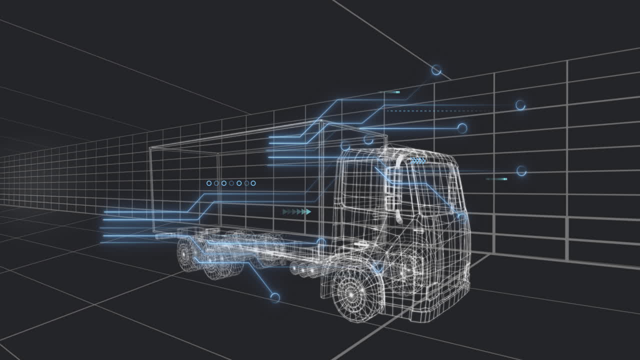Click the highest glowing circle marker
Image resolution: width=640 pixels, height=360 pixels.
tap(436, 70)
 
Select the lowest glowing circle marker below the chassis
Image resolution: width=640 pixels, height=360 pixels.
tap(274, 298)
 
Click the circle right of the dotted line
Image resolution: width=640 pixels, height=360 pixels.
tap(520, 105)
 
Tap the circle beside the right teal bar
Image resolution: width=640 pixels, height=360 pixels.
tap(521, 171)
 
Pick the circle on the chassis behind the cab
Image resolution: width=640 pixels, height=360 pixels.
tap(321, 242)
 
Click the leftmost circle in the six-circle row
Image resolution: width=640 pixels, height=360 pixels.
tap(209, 183)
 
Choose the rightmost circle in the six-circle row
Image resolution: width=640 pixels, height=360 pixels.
tap(253, 183)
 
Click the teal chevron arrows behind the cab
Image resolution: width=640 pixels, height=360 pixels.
tap(297, 212)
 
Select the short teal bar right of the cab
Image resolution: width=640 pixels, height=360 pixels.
tap(496, 178)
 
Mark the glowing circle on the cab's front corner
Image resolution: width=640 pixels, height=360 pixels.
tap(461, 216)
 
